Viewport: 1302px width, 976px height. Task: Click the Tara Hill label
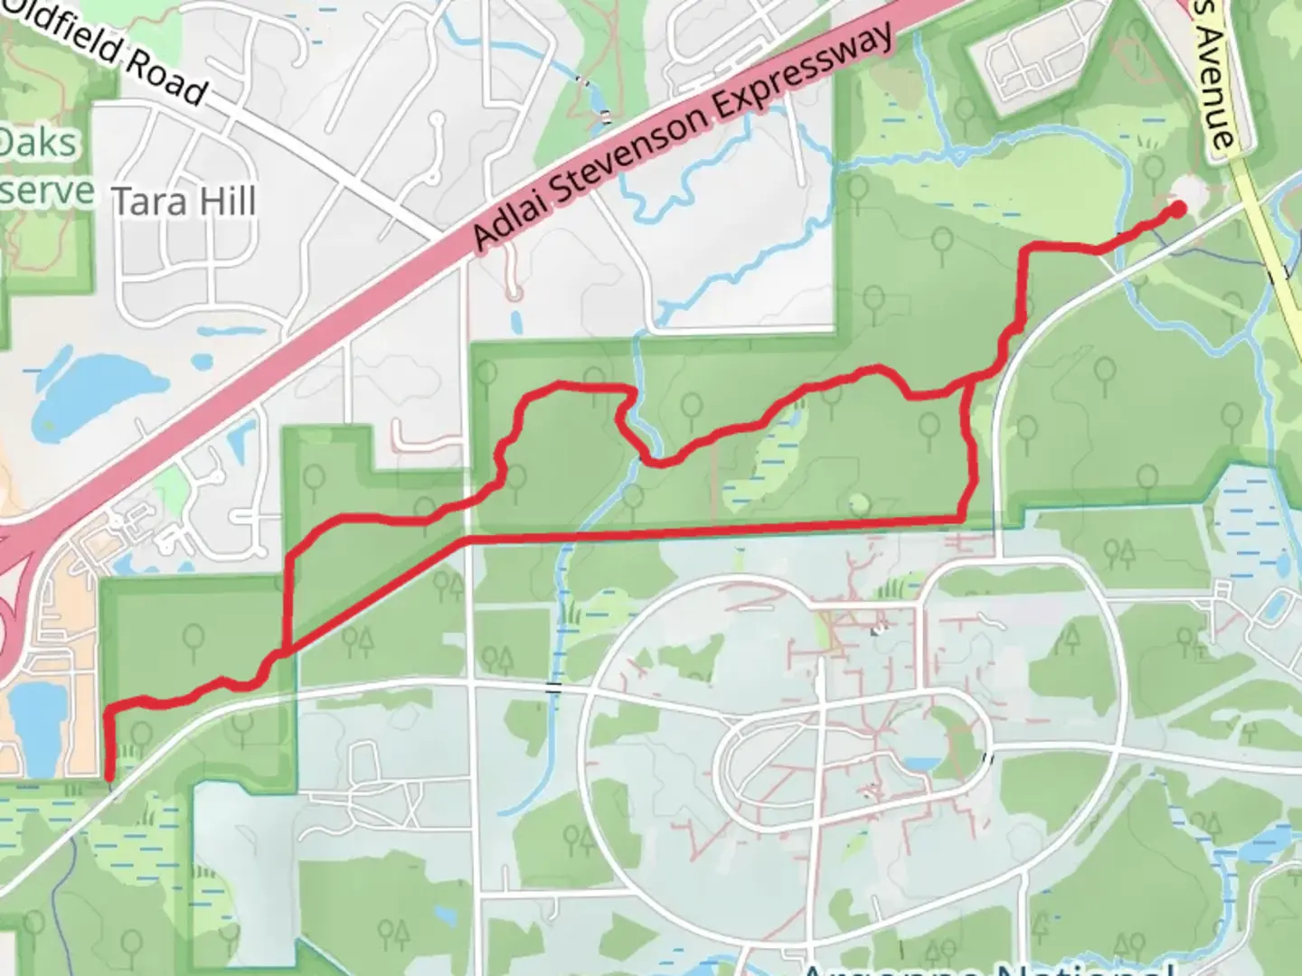click(x=184, y=201)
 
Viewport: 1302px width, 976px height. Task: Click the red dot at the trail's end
click(x=1178, y=210)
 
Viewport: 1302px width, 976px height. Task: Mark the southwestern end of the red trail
click(x=109, y=775)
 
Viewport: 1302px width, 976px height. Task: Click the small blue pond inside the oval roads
click(x=920, y=764)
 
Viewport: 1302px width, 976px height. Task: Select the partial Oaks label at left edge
click(x=39, y=143)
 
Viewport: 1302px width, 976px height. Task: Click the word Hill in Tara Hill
click(x=227, y=201)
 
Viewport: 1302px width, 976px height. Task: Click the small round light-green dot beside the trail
click(x=859, y=502)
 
